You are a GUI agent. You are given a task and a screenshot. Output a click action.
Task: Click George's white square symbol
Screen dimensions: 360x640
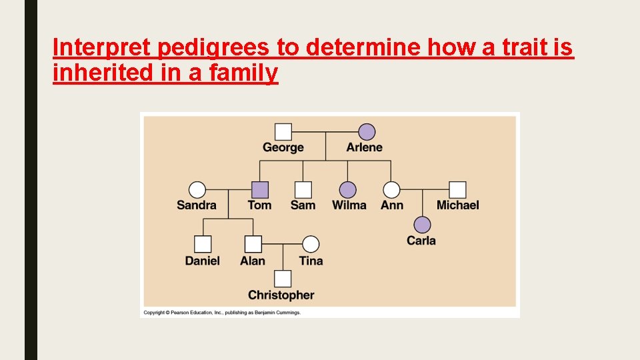point(283,132)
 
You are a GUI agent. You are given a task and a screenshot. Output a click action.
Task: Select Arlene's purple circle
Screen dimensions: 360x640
point(367,132)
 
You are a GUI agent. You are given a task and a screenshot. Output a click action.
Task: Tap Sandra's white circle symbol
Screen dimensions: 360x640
point(197,190)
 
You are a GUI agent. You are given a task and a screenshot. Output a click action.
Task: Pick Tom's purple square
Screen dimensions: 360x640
point(259,190)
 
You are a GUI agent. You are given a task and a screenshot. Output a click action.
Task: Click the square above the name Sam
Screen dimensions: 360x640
point(303,190)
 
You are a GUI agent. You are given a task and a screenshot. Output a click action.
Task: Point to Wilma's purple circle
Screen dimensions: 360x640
point(348,190)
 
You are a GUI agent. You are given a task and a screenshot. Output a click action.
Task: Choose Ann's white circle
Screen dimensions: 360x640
point(392,190)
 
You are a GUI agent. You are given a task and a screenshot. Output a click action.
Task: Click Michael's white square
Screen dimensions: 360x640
point(457,190)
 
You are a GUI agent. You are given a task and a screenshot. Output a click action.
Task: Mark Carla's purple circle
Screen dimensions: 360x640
point(421,225)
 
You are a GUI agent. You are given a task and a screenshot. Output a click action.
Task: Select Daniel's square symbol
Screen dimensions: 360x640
point(203,244)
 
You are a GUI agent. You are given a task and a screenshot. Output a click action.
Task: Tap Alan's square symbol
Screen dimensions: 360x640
point(253,244)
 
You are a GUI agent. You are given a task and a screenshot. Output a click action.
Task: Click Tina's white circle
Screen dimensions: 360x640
point(311,244)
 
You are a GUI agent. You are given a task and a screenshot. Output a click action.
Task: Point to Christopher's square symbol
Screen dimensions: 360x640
point(283,279)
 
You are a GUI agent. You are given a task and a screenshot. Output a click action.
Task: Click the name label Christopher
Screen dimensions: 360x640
point(281,295)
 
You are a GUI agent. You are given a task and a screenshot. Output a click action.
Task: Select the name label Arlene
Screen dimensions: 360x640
point(365,147)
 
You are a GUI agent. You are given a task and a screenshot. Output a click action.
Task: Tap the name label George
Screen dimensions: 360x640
point(283,147)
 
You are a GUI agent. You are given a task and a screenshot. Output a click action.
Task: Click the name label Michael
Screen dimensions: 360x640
point(457,205)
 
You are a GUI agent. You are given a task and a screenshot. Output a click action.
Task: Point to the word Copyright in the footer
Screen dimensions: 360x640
point(155,312)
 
